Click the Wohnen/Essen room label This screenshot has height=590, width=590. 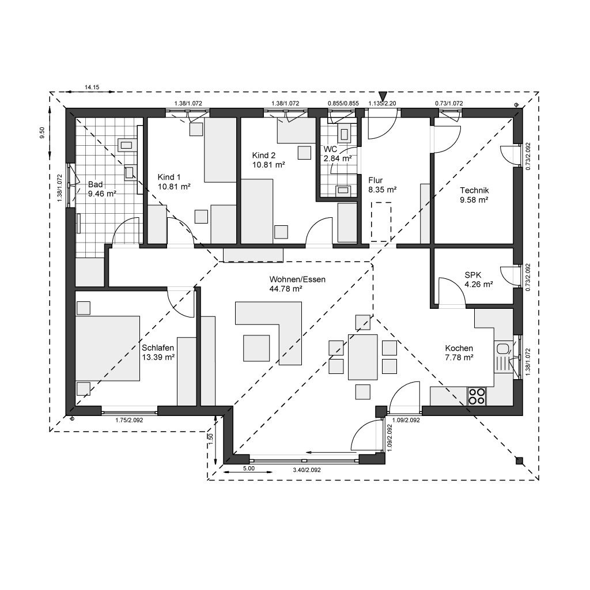[x=297, y=279]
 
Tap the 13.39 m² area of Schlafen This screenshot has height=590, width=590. [x=158, y=357]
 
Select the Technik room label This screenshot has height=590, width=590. [x=474, y=190]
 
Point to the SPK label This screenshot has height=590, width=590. [x=473, y=275]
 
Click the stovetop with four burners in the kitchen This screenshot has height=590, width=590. [x=476, y=396]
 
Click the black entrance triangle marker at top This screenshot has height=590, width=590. [x=383, y=96]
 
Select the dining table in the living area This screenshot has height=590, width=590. [x=363, y=357]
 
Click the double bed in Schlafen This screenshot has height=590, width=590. [x=108, y=349]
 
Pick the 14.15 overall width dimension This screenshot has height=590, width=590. [x=92, y=88]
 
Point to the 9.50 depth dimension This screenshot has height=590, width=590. [x=42, y=133]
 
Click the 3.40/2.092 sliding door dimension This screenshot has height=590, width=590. [x=307, y=470]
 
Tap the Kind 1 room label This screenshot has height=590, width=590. [x=169, y=177]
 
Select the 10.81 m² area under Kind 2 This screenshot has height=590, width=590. [x=268, y=164]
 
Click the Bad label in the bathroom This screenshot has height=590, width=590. [x=95, y=184]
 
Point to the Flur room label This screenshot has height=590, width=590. [x=376, y=180]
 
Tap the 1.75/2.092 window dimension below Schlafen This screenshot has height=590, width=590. [x=129, y=420]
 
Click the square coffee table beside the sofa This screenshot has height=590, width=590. [x=256, y=348]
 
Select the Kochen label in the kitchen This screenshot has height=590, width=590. [x=459, y=349]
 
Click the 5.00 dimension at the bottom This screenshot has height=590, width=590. [x=249, y=468]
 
